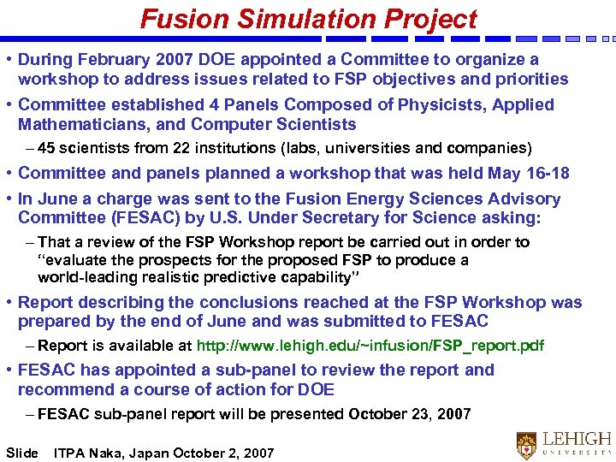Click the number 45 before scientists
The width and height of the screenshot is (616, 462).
coord(47,148)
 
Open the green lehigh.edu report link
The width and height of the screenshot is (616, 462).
coord(370,346)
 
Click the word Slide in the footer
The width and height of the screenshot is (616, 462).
coord(22,453)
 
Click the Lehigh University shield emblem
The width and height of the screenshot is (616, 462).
coord(527,445)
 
